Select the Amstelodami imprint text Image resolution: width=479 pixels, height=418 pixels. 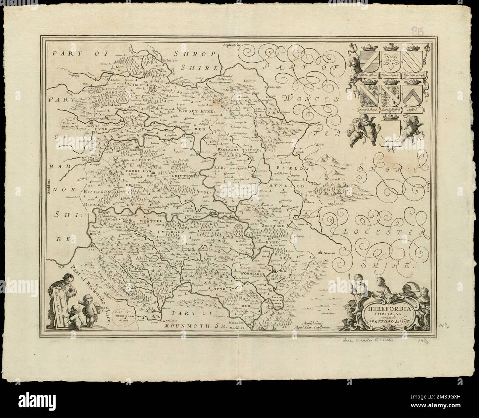tap(317, 322)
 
